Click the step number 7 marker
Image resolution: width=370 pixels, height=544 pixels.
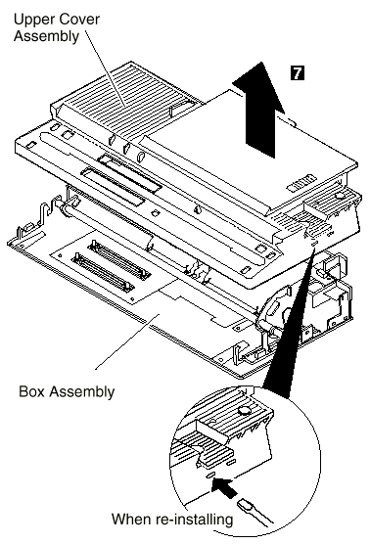pos(298,73)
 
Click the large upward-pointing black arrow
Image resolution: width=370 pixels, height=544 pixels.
pos(259,110)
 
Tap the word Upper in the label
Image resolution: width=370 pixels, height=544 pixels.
pos(33,21)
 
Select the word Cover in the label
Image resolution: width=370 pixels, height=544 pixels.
pos(78,20)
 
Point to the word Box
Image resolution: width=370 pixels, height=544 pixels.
pos(32,391)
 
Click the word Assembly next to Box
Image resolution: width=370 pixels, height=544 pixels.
pos(82,392)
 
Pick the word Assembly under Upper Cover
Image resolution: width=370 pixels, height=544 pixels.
pos(47,37)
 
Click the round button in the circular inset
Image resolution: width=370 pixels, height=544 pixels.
pos(245,411)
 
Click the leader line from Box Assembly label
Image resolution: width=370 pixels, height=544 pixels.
pos(127,341)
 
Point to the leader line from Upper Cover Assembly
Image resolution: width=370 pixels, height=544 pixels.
pos(105,68)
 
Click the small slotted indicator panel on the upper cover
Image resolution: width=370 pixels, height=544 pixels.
pos(301,183)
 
